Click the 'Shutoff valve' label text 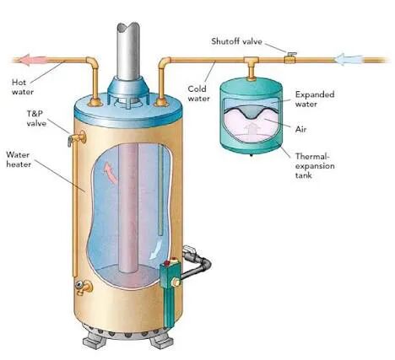point(236,41)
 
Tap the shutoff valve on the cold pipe point(290,57)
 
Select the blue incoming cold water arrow point(349,59)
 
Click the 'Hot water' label point(23,87)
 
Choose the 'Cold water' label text point(198,94)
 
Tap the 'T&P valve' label point(36,119)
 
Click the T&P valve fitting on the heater point(77,138)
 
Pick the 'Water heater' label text point(19,159)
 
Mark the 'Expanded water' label point(315,99)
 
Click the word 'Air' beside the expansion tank point(300,129)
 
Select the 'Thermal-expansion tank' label point(315,166)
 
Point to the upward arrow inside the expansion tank point(252,129)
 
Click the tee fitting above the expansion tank point(251,63)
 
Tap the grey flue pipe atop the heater point(128,51)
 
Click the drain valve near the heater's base point(84,287)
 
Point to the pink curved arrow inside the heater point(111,173)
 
